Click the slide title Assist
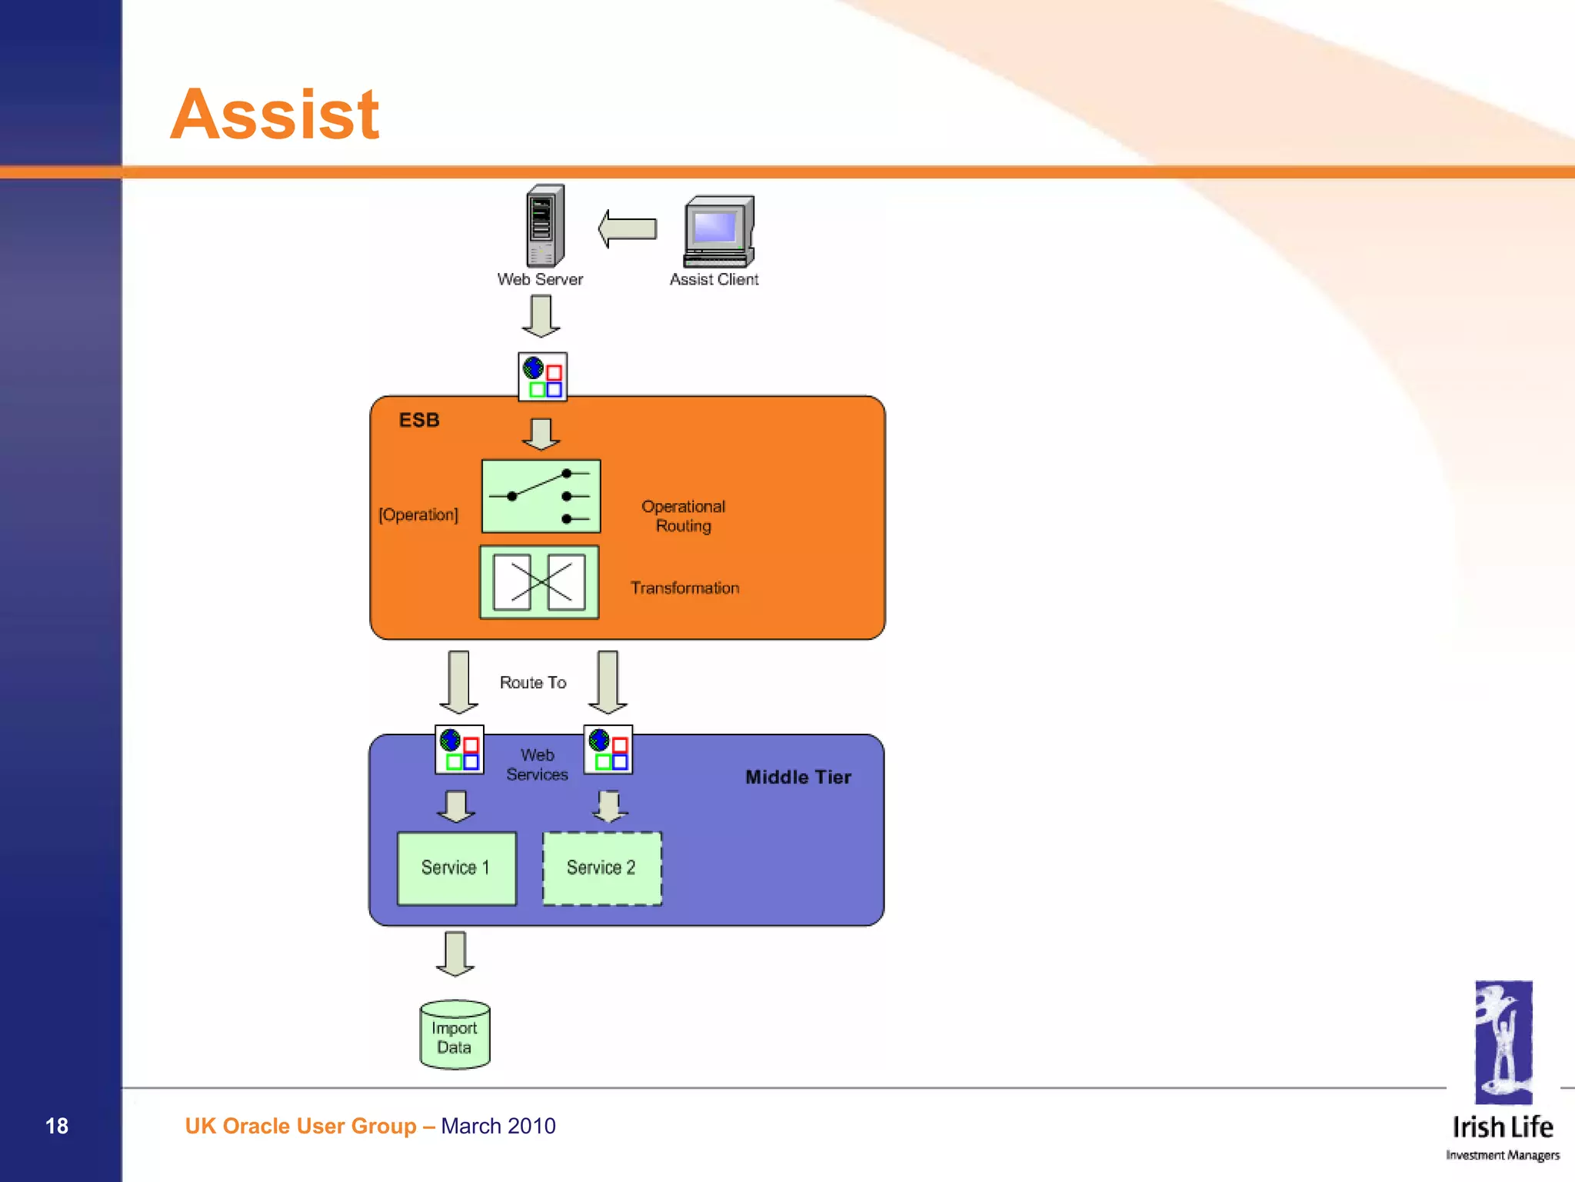[275, 115]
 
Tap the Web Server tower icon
[544, 226]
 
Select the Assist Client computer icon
[718, 231]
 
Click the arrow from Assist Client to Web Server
[628, 229]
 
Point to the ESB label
[418, 420]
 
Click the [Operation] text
[418, 514]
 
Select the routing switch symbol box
[541, 496]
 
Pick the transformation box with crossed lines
[539, 582]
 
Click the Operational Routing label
[683, 516]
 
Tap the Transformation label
[684, 588]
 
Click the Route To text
[532, 683]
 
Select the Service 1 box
[456, 868]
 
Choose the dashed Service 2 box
[601, 868]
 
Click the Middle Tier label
[797, 777]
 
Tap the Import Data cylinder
[455, 1035]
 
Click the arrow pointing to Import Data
[455, 954]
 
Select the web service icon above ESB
[542, 377]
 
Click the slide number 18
[57, 1126]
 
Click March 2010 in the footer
[498, 1126]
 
